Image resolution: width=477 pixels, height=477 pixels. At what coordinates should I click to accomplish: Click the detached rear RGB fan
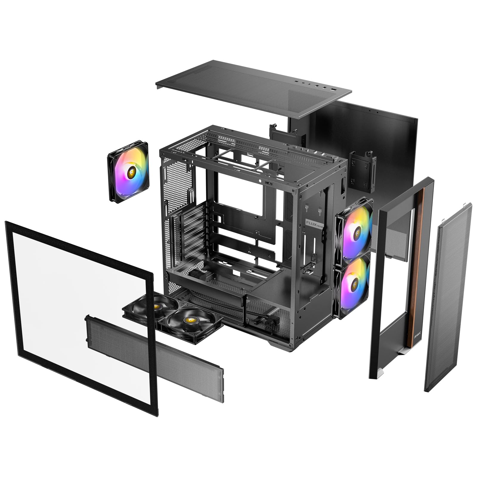click(x=128, y=172)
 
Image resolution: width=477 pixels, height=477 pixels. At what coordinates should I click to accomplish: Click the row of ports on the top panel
click(x=316, y=85)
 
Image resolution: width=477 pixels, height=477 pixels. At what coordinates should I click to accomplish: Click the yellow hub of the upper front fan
click(x=356, y=229)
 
